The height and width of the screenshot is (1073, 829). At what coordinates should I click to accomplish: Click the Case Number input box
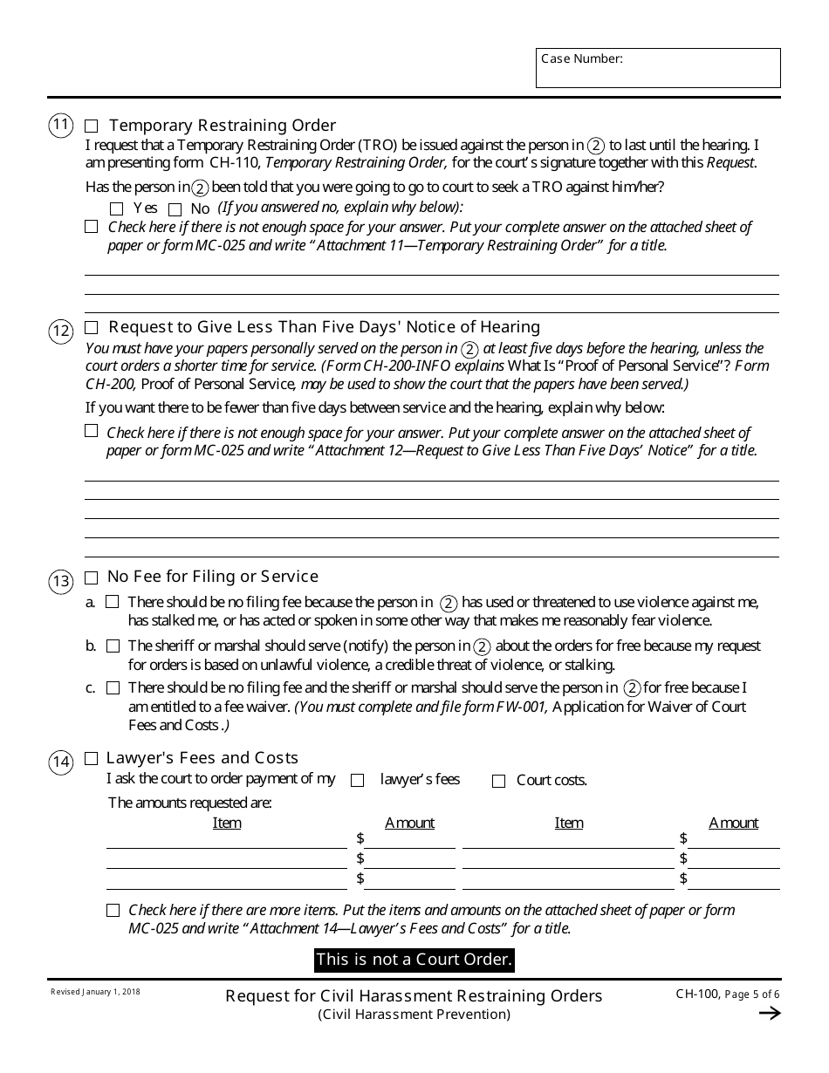coord(658,68)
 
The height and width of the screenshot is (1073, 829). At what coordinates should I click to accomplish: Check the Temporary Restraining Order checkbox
coord(92,125)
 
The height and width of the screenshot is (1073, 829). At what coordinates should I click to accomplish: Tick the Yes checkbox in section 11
coord(117,208)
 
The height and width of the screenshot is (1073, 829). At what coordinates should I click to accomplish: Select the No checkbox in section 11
coord(175,208)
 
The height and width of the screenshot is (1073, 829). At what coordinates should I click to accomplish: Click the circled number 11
coord(60,126)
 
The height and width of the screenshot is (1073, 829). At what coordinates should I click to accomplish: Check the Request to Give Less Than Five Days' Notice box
coord(92,328)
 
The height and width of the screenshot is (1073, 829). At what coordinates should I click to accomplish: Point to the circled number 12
coord(60,331)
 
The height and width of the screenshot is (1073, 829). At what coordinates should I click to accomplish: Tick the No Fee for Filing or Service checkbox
coord(92,578)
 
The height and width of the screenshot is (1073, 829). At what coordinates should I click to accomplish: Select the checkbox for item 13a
coord(113,602)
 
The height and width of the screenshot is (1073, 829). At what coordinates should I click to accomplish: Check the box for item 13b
coord(113,646)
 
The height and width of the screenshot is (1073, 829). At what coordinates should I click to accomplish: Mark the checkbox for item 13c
coord(113,688)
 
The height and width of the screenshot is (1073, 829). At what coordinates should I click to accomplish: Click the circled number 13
coord(60,581)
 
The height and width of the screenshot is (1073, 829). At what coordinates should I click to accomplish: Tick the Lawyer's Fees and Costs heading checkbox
coord(92,759)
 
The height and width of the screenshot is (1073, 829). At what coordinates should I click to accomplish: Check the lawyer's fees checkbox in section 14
coord(357,781)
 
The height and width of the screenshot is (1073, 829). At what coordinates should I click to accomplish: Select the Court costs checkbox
coord(498,782)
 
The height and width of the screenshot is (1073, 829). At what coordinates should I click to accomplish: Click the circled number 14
coord(60,762)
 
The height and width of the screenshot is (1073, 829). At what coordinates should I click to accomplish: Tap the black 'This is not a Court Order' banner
coord(414,960)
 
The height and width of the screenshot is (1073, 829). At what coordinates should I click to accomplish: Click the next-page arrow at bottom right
coord(769,1013)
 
